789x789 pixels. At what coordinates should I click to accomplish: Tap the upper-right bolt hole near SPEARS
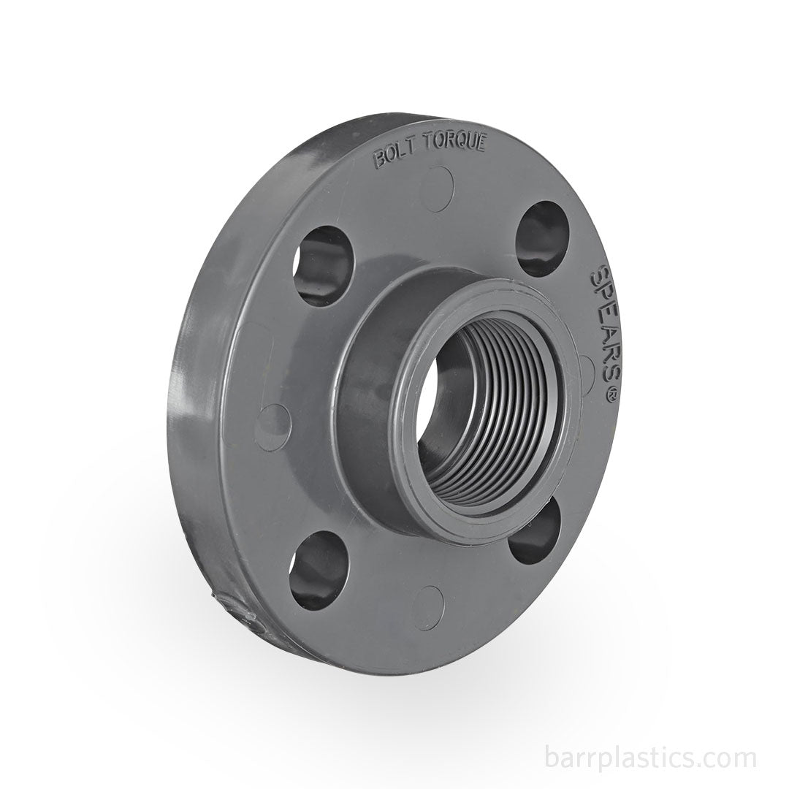point(541,238)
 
